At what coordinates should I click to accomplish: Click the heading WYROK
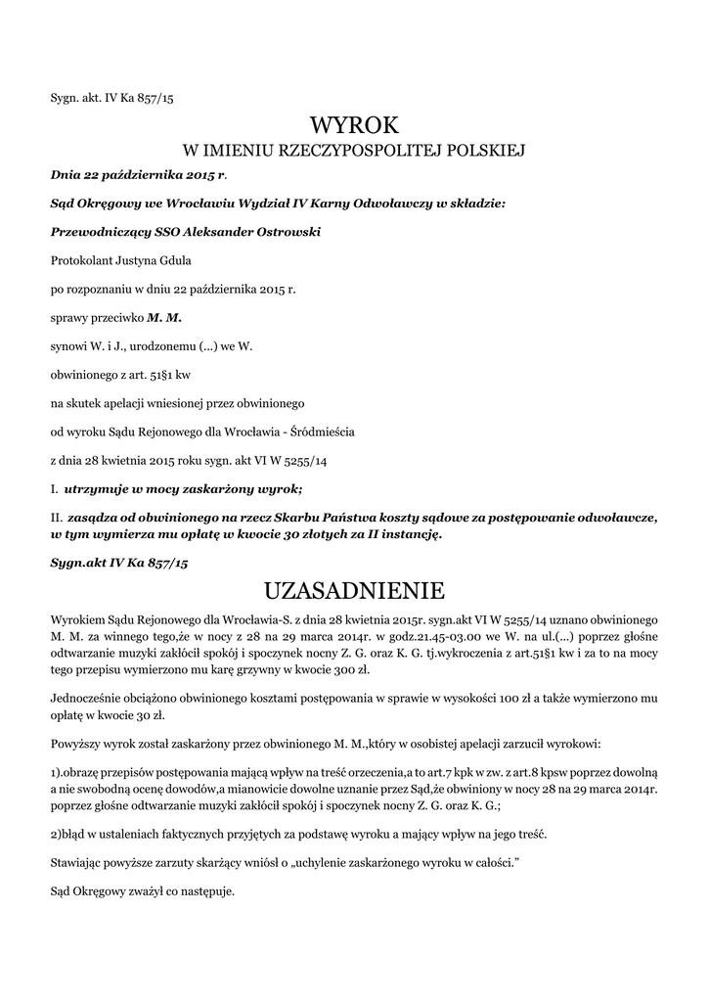pyautogui.click(x=354, y=125)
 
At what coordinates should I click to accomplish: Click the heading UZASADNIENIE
pyautogui.click(x=354, y=591)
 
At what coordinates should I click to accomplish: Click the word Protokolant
pyautogui.click(x=81, y=261)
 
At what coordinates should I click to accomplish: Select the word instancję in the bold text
pyautogui.click(x=411, y=534)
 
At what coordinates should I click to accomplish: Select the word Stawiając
pyautogui.click(x=76, y=863)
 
